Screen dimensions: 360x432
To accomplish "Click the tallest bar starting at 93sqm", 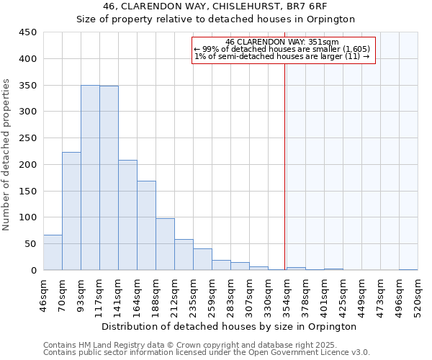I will pyautogui.click(x=90, y=178).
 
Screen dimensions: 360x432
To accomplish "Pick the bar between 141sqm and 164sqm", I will pyautogui.click(x=127, y=215).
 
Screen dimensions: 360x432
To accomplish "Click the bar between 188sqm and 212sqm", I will pyautogui.click(x=165, y=244).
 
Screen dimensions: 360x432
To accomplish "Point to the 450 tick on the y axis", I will pyautogui.click(x=28, y=32).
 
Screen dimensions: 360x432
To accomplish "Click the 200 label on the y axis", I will pyautogui.click(x=28, y=164).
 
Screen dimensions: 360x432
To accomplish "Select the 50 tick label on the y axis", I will pyautogui.click(x=31, y=244).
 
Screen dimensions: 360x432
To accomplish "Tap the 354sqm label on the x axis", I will pyautogui.click(x=287, y=294).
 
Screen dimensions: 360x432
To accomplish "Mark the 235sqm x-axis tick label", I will pyautogui.click(x=193, y=294).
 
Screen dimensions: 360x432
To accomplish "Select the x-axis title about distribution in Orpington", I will pyautogui.click(x=229, y=326).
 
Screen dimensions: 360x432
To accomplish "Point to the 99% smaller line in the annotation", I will pyautogui.click(x=282, y=49).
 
